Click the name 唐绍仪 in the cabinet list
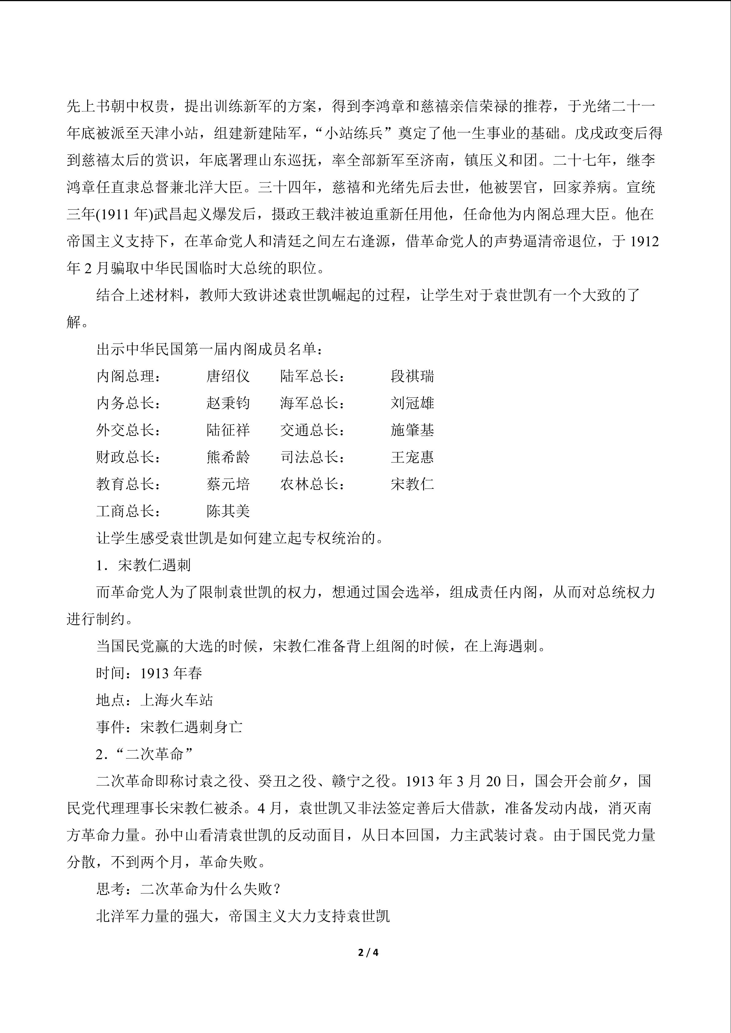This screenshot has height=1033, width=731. coord(228,376)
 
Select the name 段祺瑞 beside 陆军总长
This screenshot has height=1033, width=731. coord(412,376)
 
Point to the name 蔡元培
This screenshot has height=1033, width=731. coord(228,484)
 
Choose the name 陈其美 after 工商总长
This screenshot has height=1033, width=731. coord(228,511)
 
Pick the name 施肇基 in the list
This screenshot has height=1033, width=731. coord(412,430)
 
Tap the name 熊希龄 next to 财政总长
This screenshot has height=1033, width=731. coord(228,457)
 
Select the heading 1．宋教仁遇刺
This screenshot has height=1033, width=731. coord(144,565)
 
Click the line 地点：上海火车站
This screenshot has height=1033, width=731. coord(154,700)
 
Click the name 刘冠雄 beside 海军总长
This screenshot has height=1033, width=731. coord(412,403)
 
